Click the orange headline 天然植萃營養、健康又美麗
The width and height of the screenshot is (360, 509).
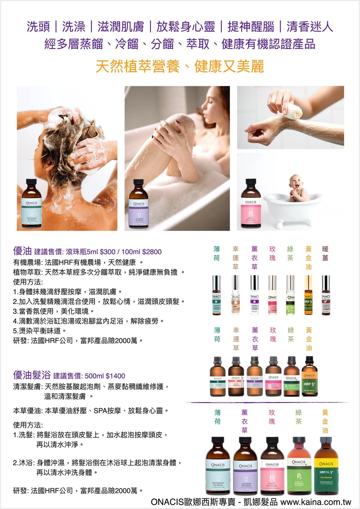[180, 66]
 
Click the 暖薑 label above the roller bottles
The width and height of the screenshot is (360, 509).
[325, 253]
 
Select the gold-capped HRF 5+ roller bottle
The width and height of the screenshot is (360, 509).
[308, 295]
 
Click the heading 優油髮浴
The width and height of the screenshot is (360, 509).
[31, 375]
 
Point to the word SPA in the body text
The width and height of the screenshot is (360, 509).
[100, 410]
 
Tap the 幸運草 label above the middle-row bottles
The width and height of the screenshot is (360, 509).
[236, 339]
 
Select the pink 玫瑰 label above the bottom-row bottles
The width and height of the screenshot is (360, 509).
[272, 417]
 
